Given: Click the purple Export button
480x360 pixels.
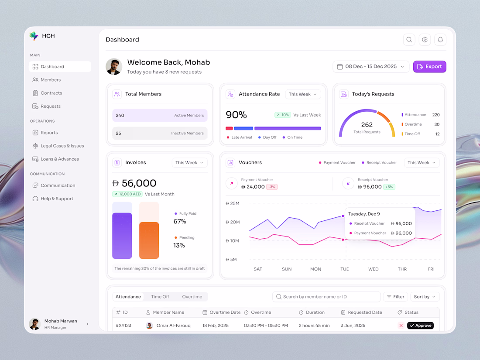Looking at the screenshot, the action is click(x=429, y=66).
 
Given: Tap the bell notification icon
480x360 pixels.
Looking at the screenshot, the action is click(x=440, y=39).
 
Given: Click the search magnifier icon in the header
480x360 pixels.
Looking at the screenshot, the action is click(x=409, y=39).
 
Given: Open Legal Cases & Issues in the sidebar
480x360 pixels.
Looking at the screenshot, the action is click(x=58, y=146).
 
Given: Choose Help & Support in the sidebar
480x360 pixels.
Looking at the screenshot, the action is click(x=53, y=199).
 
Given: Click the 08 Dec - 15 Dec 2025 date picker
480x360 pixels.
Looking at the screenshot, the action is click(x=371, y=66).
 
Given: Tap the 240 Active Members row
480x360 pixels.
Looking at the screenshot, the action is click(x=160, y=115).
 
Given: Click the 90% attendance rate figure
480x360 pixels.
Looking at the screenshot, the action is click(x=236, y=115).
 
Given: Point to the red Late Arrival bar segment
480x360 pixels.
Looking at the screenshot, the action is click(x=229, y=129).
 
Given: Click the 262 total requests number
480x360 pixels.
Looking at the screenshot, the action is click(x=367, y=125).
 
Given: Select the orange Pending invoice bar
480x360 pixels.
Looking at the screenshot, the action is click(x=149, y=240).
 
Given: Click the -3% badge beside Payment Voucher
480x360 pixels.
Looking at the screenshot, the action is click(x=272, y=187).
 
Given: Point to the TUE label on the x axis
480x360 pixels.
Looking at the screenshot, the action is click(x=344, y=269).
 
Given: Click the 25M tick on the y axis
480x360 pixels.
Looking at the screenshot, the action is click(x=233, y=203).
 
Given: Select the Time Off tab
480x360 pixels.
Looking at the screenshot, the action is click(x=160, y=297).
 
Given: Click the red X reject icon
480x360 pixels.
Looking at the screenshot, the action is click(x=401, y=326).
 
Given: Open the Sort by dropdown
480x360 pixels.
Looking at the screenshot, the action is click(x=425, y=297).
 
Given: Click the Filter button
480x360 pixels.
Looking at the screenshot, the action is click(x=395, y=297).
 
